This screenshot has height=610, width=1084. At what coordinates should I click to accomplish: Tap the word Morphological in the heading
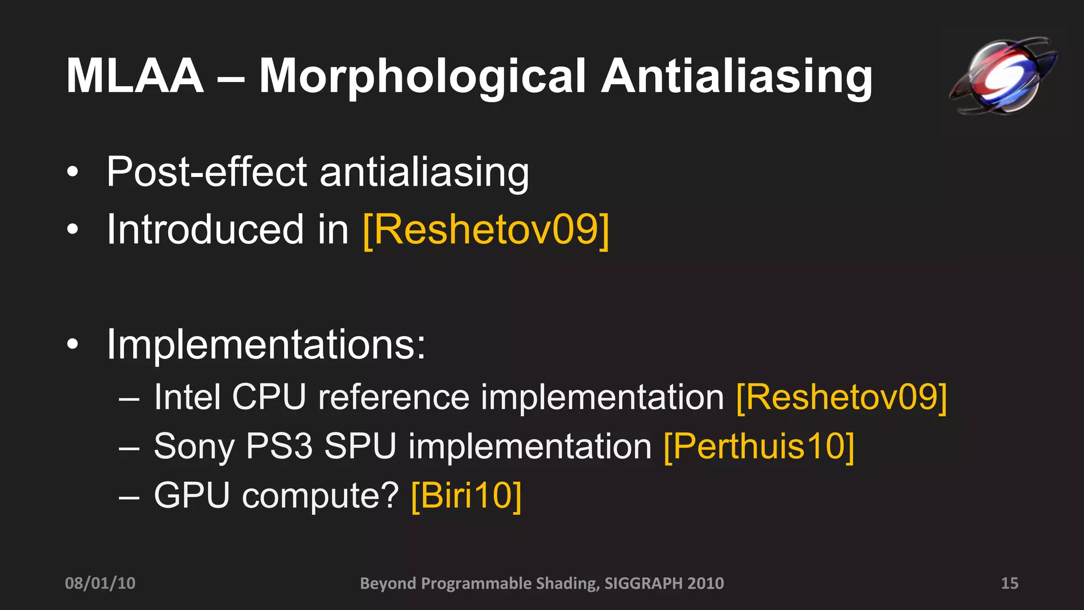coord(422,77)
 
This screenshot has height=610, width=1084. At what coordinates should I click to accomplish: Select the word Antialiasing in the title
coord(736,77)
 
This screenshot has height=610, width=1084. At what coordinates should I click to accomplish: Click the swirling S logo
coord(1003,76)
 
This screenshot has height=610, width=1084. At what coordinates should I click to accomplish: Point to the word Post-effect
coord(206,172)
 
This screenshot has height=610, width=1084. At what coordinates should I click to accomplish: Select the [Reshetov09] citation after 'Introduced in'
coord(486,229)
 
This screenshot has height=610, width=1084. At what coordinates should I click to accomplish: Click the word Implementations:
coord(266,344)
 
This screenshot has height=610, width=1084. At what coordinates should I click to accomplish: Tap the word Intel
coord(187,397)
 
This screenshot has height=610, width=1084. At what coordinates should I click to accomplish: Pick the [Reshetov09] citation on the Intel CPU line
coord(842,397)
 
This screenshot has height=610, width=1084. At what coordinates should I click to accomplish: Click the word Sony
coord(194,446)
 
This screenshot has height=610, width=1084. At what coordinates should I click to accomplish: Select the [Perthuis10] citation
coord(759,446)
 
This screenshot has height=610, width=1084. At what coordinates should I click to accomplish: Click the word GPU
coord(192,495)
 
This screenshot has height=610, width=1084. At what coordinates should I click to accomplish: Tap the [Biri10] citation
coord(466,495)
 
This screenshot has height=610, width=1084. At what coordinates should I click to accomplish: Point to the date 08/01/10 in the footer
coord(100,583)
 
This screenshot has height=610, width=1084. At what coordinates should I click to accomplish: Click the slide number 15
coord(1009,583)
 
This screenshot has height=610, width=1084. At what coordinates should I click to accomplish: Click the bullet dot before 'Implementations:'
coord(73,345)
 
